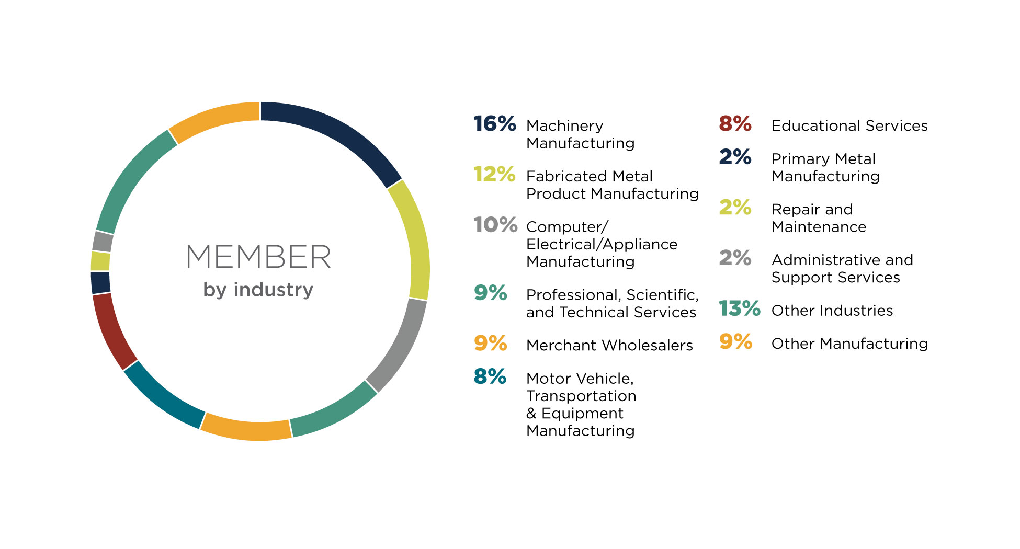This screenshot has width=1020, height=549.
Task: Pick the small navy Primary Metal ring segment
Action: click(x=100, y=282)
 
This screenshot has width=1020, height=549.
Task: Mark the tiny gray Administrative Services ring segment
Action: click(x=103, y=242)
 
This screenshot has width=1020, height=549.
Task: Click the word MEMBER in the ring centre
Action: click(x=258, y=257)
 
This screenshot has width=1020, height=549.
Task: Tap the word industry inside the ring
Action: click(x=273, y=289)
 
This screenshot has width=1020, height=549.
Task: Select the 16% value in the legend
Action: click(x=494, y=124)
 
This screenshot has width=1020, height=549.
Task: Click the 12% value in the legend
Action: click(x=494, y=175)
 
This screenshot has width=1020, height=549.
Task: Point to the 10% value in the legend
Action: click(x=495, y=225)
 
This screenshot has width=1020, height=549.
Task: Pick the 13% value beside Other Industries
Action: click(x=739, y=308)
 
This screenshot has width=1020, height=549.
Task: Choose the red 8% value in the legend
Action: click(x=735, y=124)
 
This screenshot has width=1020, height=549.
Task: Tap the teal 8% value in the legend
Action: click(x=490, y=376)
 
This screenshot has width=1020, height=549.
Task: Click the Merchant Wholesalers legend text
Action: click(x=609, y=346)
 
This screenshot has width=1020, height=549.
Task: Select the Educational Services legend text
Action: click(x=849, y=126)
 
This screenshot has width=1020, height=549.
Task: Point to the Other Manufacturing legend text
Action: click(x=849, y=344)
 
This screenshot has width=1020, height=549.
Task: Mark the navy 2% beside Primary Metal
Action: click(x=735, y=157)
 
